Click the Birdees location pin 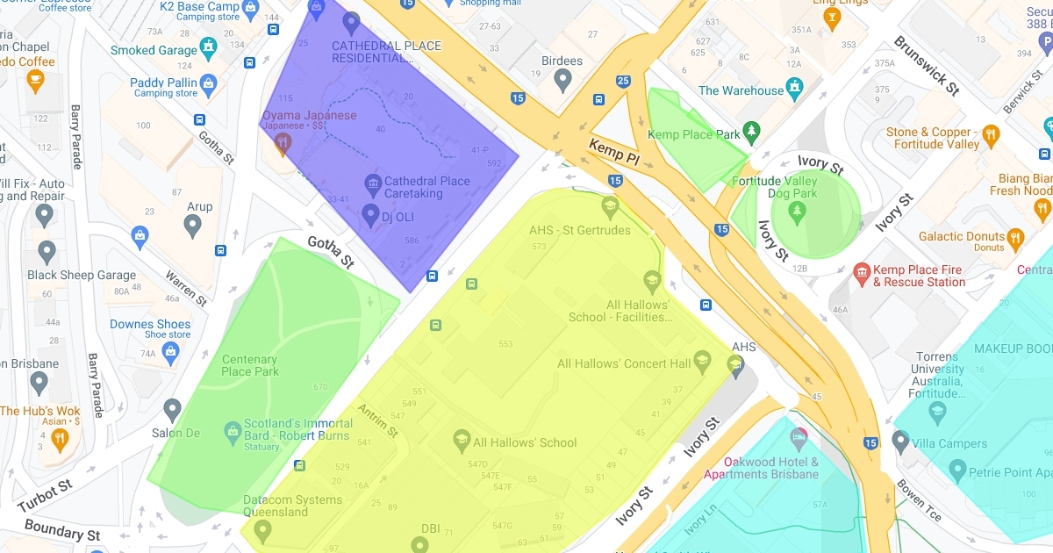tap(563, 81)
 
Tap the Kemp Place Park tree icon tap(751, 132)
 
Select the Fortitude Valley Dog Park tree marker tap(797, 211)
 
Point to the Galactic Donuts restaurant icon tap(1016, 237)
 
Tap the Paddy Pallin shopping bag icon tap(208, 85)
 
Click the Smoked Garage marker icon tap(208, 47)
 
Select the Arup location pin tap(193, 226)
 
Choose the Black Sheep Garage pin tap(47, 253)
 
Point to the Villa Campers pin tap(899, 440)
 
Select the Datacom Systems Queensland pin tap(261, 531)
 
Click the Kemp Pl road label tap(613, 152)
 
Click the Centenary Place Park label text tap(250, 365)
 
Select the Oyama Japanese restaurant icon tap(282, 145)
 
